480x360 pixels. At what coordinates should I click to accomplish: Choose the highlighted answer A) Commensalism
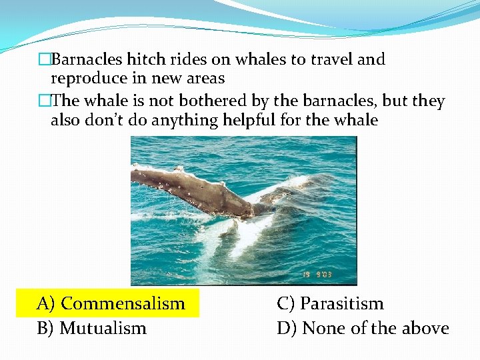[x=111, y=303]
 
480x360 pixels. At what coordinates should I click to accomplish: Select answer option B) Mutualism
[x=91, y=328]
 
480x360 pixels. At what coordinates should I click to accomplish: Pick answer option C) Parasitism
[x=330, y=303]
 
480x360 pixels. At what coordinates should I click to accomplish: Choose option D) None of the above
[x=363, y=328]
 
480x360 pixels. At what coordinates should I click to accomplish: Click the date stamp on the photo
[x=331, y=274]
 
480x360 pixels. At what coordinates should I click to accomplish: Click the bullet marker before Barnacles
[x=45, y=60]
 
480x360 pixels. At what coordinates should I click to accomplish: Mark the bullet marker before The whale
[x=45, y=102]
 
